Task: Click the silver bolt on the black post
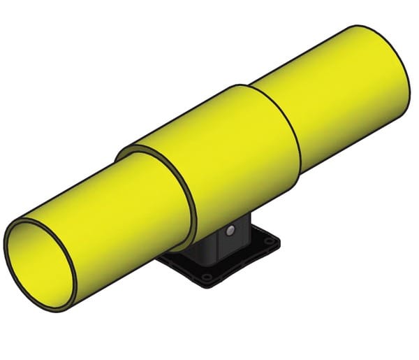tap(230, 231)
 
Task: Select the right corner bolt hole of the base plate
tap(267, 242)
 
